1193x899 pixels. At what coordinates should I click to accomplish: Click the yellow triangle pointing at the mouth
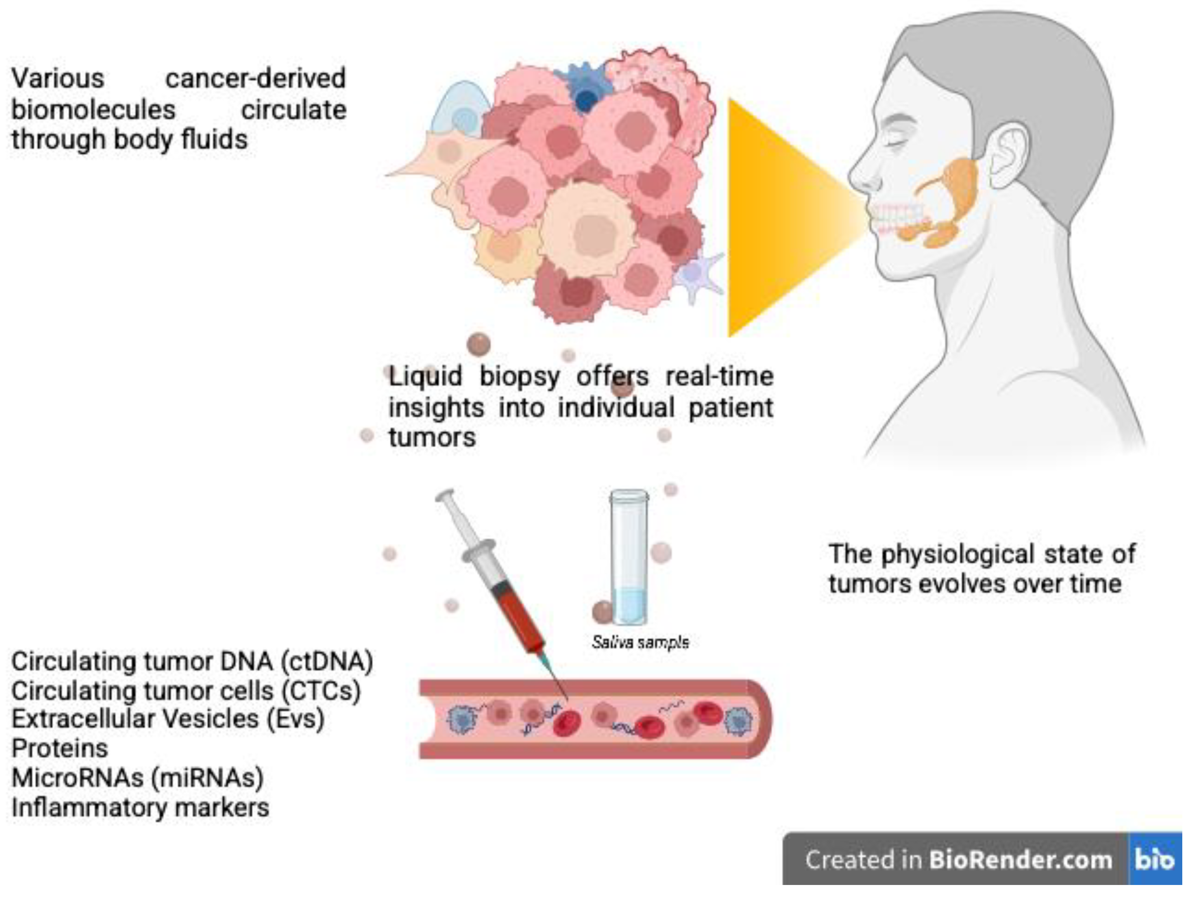782,216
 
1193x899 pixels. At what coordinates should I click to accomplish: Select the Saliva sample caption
640,642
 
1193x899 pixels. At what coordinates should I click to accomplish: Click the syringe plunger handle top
446,495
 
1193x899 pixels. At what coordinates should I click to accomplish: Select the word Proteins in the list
60,748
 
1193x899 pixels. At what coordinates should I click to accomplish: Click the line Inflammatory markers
140,807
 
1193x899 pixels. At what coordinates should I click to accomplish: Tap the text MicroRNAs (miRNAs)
137,778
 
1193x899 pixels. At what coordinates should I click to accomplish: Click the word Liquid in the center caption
426,376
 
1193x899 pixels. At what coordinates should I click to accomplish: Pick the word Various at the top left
58,79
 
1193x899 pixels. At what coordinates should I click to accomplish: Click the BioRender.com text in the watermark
1020,860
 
